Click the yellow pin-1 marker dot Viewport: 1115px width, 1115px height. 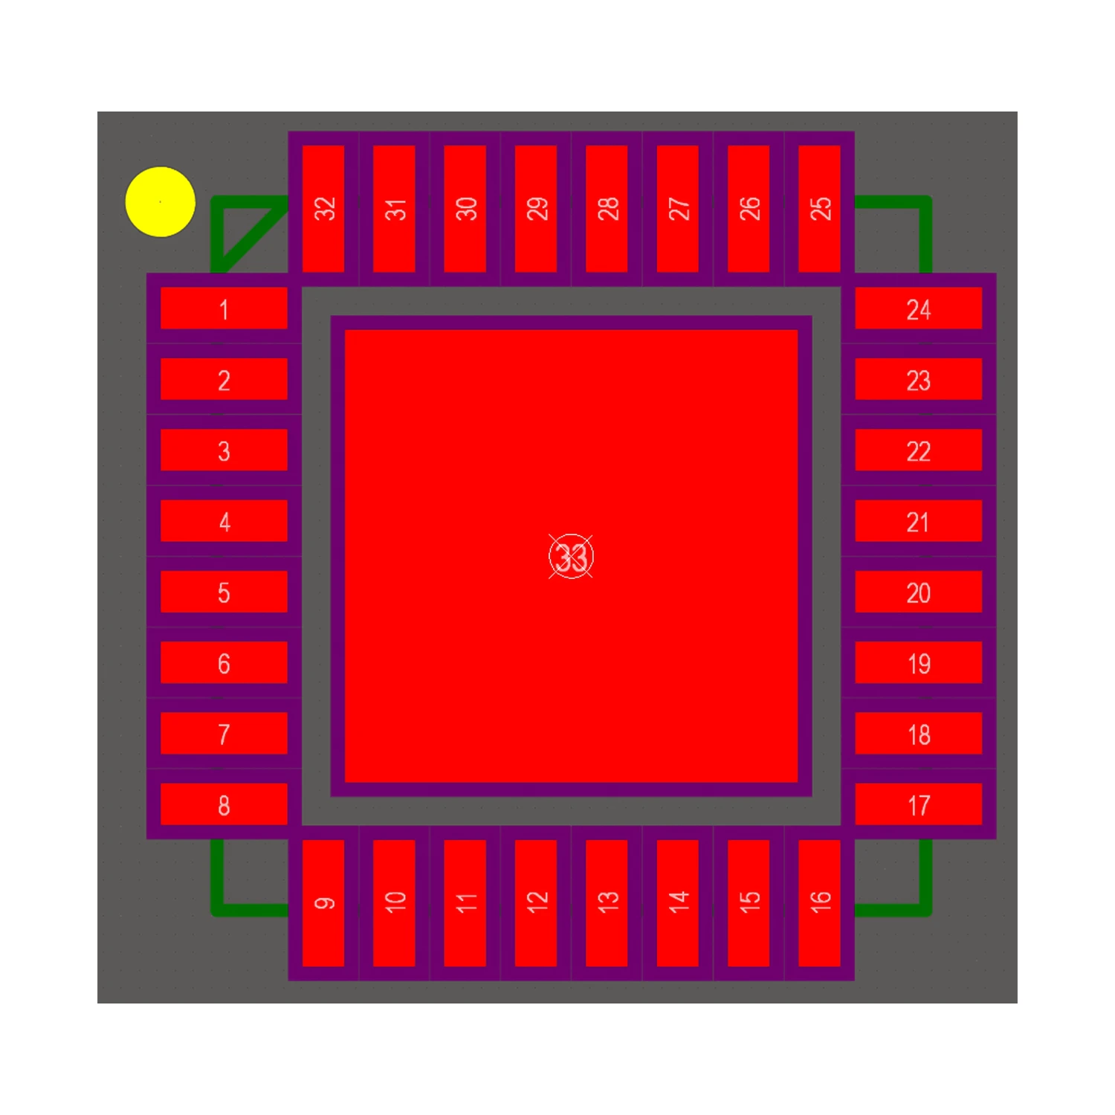pyautogui.click(x=161, y=201)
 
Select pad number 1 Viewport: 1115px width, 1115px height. pyautogui.click(x=224, y=308)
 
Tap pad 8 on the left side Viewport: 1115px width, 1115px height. pyautogui.click(x=224, y=804)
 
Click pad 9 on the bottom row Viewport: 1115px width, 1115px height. pyautogui.click(x=323, y=903)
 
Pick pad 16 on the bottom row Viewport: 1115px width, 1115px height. pyautogui.click(x=819, y=903)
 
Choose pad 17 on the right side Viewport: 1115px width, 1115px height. pyautogui.click(x=919, y=804)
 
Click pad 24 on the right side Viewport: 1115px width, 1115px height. pyautogui.click(x=919, y=308)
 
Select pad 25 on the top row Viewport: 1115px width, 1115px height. pyautogui.click(x=819, y=209)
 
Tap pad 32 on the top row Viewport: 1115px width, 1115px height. pyautogui.click(x=323, y=209)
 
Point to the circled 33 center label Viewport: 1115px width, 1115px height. pyautogui.click(x=571, y=556)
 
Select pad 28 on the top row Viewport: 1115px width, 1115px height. pyautogui.click(x=607, y=209)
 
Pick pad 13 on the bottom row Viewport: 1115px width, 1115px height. pyautogui.click(x=607, y=903)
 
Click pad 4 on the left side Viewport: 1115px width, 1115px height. pyautogui.click(x=224, y=521)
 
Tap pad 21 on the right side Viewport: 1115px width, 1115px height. pyautogui.click(x=919, y=521)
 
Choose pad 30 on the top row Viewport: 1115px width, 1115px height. pyautogui.click(x=465, y=209)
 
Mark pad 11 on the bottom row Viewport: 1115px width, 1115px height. pyautogui.click(x=465, y=903)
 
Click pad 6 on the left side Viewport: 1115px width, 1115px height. pyautogui.click(x=224, y=662)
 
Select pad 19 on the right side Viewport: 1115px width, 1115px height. pyautogui.click(x=919, y=662)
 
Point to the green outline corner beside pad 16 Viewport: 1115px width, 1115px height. pyautogui.click(x=924, y=908)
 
